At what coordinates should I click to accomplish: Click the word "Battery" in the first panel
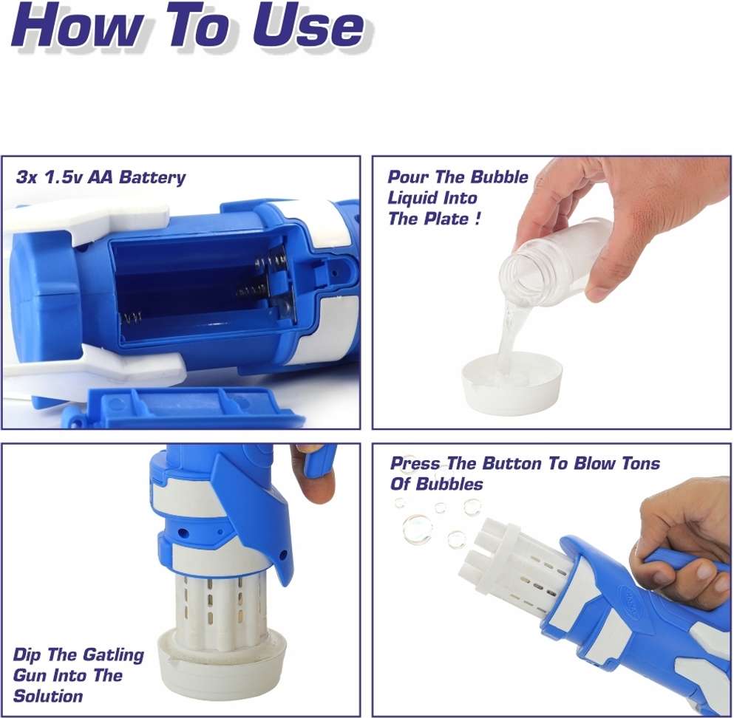tap(152, 178)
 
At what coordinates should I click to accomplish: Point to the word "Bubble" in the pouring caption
tap(499, 177)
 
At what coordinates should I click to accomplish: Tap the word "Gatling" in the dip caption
tap(112, 655)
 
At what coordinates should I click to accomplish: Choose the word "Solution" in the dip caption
tap(48, 696)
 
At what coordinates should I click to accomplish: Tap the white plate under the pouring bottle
tap(512, 383)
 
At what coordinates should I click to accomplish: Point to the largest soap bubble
tap(417, 529)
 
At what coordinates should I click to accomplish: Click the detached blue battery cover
tap(187, 408)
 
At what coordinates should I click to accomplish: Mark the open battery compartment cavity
tap(201, 290)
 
